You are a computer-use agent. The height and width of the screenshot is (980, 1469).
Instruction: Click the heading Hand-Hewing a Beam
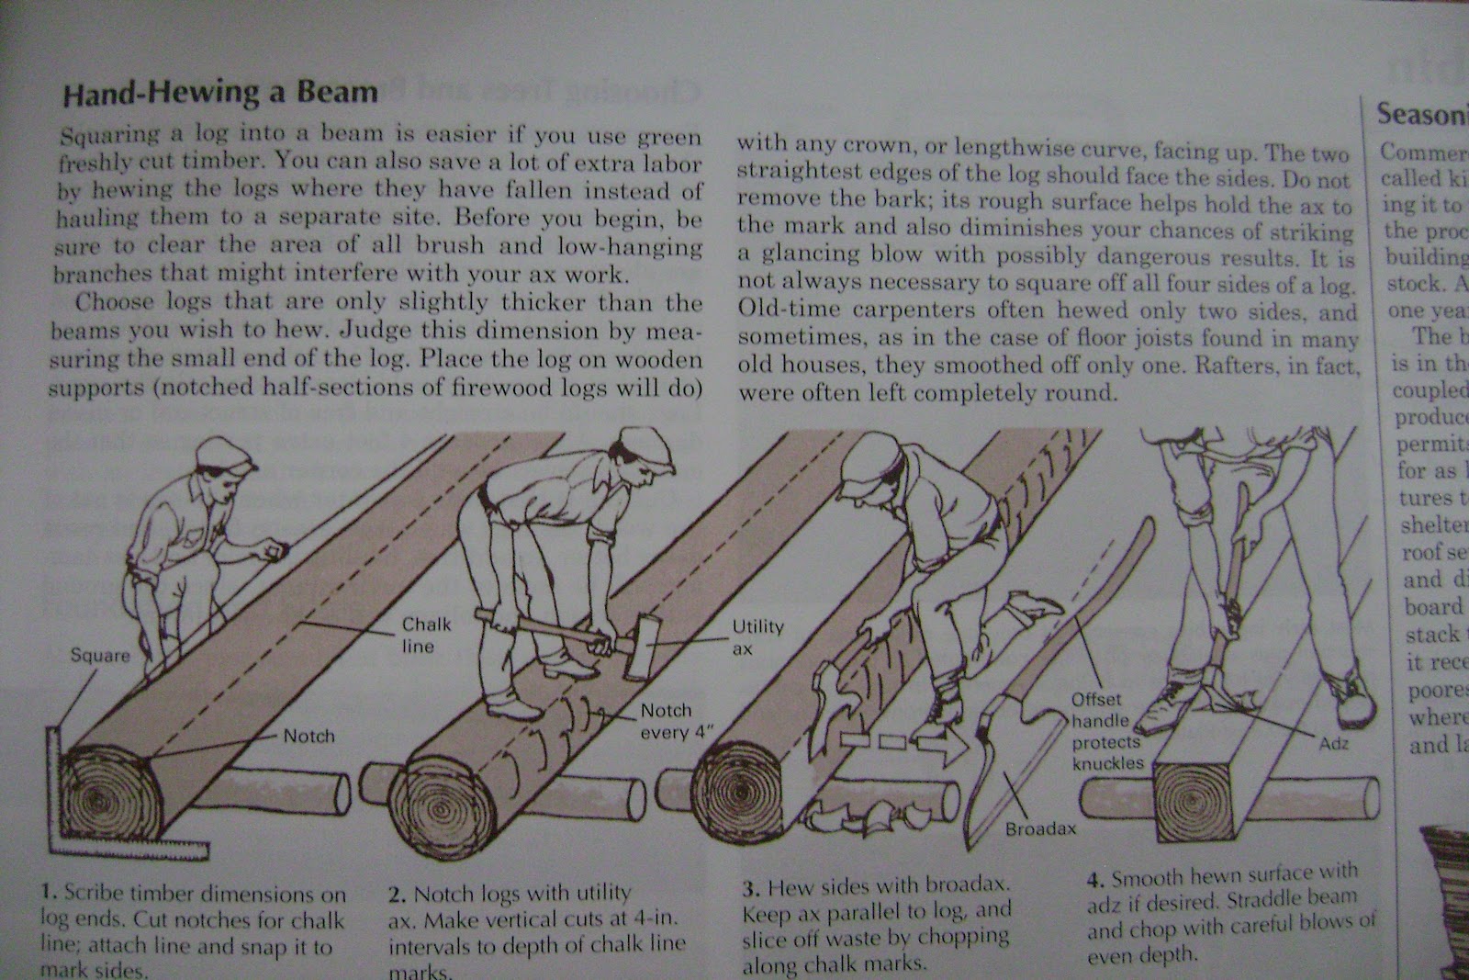pyautogui.click(x=219, y=93)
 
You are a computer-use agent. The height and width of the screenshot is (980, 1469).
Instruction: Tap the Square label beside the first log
pyautogui.click(x=101, y=656)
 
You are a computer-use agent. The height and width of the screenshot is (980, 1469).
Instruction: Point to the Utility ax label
pyautogui.click(x=757, y=636)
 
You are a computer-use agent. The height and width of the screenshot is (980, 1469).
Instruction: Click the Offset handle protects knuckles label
pyautogui.click(x=1105, y=731)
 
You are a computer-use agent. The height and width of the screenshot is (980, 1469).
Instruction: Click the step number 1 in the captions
pyautogui.click(x=49, y=892)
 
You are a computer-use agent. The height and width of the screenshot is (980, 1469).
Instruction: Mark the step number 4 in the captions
pyautogui.click(x=1094, y=879)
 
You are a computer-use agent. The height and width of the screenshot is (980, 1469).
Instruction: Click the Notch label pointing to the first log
pyautogui.click(x=309, y=736)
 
